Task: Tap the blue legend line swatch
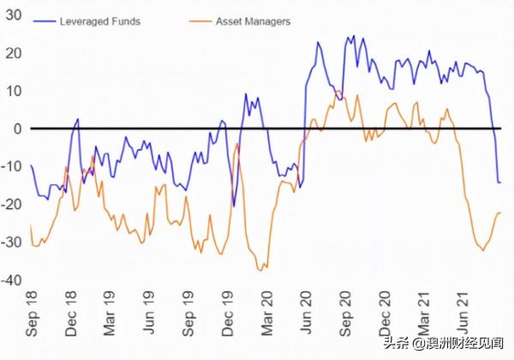pyautogui.click(x=44, y=20)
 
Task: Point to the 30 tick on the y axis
pyautogui.click(x=13, y=15)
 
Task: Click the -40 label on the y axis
pyautogui.click(x=11, y=280)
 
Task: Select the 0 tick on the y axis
pyautogui.click(x=17, y=129)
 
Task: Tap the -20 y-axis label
pyautogui.click(x=11, y=204)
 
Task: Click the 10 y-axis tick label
pyautogui.click(x=13, y=91)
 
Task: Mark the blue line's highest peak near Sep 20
pyautogui.click(x=353, y=37)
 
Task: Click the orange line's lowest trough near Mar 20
pyautogui.click(x=260, y=271)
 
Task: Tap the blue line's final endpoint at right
pyautogui.click(x=499, y=183)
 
